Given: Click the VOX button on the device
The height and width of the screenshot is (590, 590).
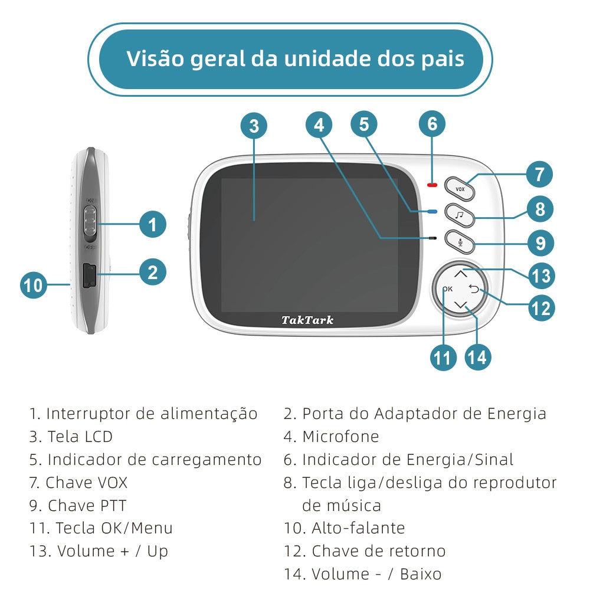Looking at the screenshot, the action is pyautogui.click(x=460, y=189).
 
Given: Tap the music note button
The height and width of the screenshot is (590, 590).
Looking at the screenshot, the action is pyautogui.click(x=460, y=215).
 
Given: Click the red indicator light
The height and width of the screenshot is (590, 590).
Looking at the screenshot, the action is pyautogui.click(x=432, y=185).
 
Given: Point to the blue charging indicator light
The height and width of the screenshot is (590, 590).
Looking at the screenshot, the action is pyautogui.click(x=432, y=212).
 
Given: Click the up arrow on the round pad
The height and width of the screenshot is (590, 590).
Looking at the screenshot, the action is pyautogui.click(x=461, y=273).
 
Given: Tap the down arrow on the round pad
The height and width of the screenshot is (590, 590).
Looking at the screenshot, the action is pyautogui.click(x=461, y=305).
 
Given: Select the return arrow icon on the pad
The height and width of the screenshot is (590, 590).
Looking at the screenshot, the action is pyautogui.click(x=474, y=289).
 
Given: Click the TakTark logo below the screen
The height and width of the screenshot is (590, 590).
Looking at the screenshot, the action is pyautogui.click(x=307, y=320).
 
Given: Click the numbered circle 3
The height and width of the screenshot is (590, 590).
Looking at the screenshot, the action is pyautogui.click(x=254, y=126).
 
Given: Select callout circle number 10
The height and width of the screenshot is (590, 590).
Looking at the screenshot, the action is pyautogui.click(x=34, y=285).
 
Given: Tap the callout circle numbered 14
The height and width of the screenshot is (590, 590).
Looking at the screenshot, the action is pyautogui.click(x=477, y=357).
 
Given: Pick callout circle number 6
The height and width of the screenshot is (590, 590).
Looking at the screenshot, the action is pyautogui.click(x=432, y=123).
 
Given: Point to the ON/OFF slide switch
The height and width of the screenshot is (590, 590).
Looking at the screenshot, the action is pyautogui.click(x=90, y=224).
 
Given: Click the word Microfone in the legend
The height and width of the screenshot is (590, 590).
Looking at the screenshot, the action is pyautogui.click(x=340, y=437).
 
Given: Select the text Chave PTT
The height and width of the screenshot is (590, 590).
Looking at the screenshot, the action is pyautogui.click(x=87, y=506).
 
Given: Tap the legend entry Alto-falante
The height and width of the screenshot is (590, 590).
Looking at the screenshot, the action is pyautogui.click(x=358, y=528).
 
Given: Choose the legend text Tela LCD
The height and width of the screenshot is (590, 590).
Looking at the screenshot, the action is pyautogui.click(x=80, y=437).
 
